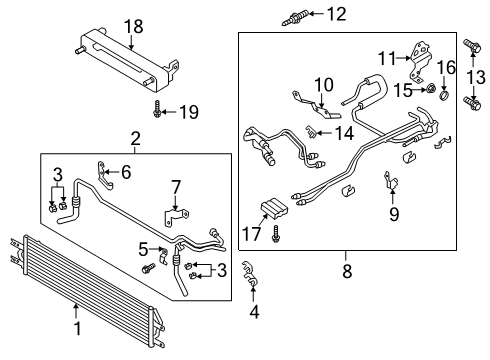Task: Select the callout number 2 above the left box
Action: pos(135,138)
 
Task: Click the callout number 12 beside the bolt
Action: pos(337,13)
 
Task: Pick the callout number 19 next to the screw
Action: pos(186,113)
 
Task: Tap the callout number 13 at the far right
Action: pos(476,77)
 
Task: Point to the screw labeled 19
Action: pos(159,112)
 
